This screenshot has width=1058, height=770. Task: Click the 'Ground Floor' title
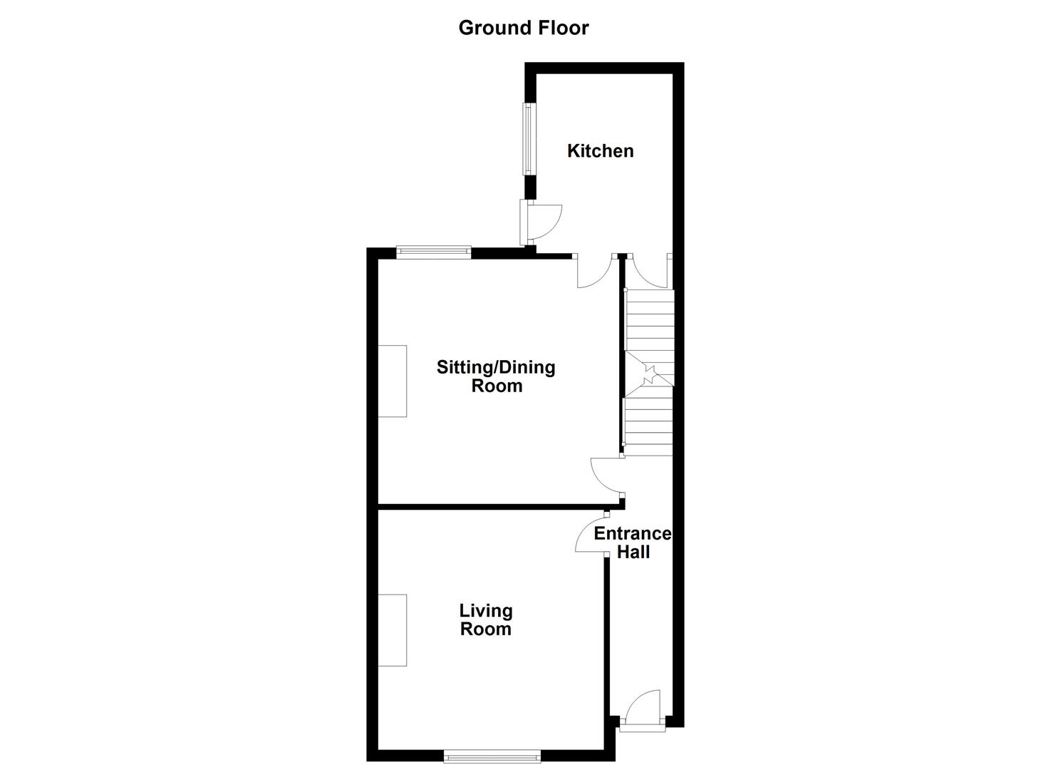click(524, 28)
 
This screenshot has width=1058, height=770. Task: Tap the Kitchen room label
click(600, 151)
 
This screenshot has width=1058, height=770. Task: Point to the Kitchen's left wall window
click(529, 140)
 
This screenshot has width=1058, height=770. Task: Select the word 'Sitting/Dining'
click(496, 368)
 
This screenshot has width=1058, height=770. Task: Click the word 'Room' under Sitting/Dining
click(497, 386)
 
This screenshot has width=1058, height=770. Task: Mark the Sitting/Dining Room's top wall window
click(434, 251)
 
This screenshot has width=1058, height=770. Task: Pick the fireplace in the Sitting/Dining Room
click(392, 381)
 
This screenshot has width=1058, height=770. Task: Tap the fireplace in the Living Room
click(392, 630)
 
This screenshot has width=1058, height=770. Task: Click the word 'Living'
click(486, 611)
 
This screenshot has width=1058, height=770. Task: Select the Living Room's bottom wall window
click(492, 756)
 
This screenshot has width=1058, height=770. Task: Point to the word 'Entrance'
click(633, 534)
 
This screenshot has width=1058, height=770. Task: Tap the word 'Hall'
click(633, 552)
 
